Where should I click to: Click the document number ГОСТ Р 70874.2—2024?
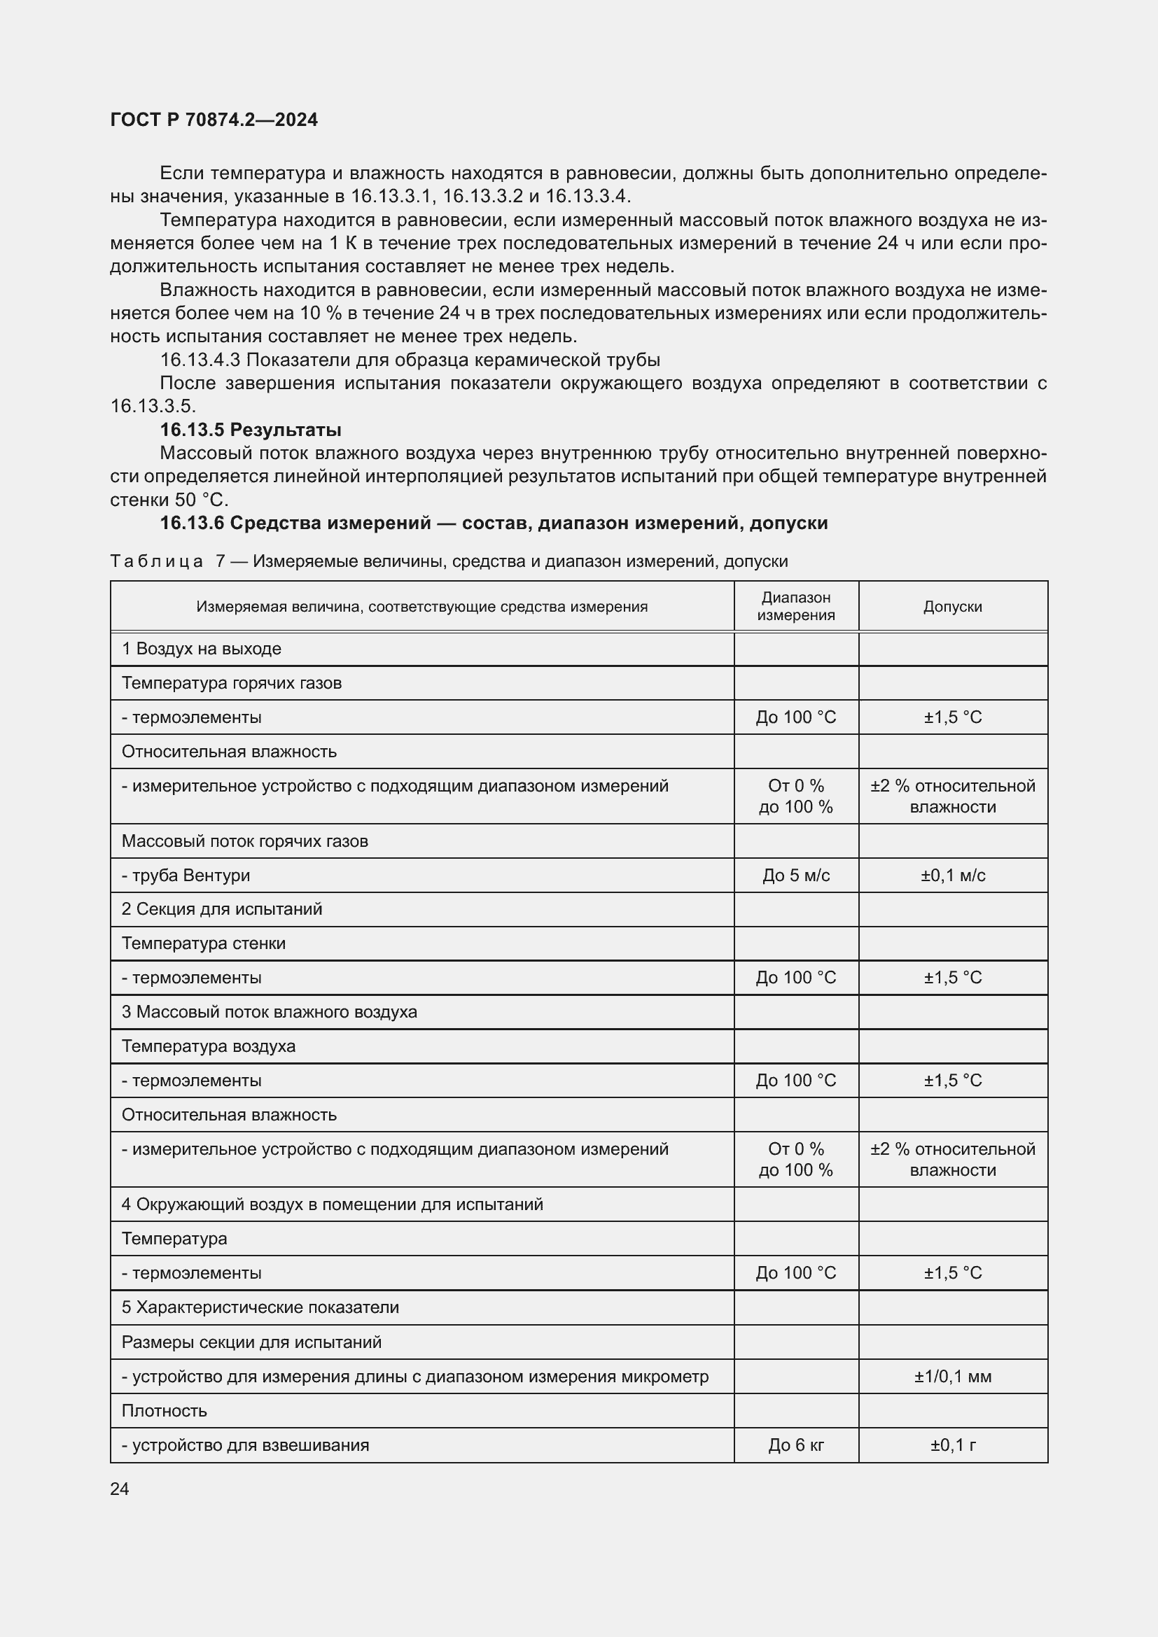click(214, 120)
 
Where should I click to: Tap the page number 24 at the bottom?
click(120, 1489)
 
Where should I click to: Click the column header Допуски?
click(953, 607)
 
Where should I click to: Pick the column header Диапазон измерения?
click(796, 607)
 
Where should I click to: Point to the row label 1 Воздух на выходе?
click(201, 649)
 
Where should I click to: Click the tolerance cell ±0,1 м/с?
click(953, 876)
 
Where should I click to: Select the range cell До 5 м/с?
click(796, 876)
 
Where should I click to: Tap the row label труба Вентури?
click(186, 876)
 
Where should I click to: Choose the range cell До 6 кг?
click(796, 1445)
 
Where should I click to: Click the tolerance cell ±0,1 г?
click(953, 1445)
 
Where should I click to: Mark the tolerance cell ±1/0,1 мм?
click(953, 1377)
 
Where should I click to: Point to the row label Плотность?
click(164, 1411)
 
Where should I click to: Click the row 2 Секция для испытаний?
click(222, 909)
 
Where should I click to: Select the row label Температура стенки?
click(203, 943)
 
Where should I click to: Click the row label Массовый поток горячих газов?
click(244, 841)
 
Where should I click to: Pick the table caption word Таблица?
click(157, 562)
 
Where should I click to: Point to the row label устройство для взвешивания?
click(245, 1445)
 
